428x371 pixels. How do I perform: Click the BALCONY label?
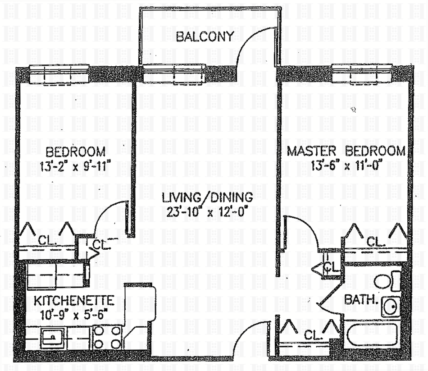(x=205, y=37)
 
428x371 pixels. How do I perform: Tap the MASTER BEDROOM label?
(x=346, y=151)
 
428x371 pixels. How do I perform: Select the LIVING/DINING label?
(x=208, y=197)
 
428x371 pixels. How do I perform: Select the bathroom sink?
(x=391, y=307)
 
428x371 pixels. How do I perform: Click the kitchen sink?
(x=53, y=337)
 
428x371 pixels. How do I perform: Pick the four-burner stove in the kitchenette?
(x=108, y=337)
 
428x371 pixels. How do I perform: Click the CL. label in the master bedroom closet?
(x=374, y=242)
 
